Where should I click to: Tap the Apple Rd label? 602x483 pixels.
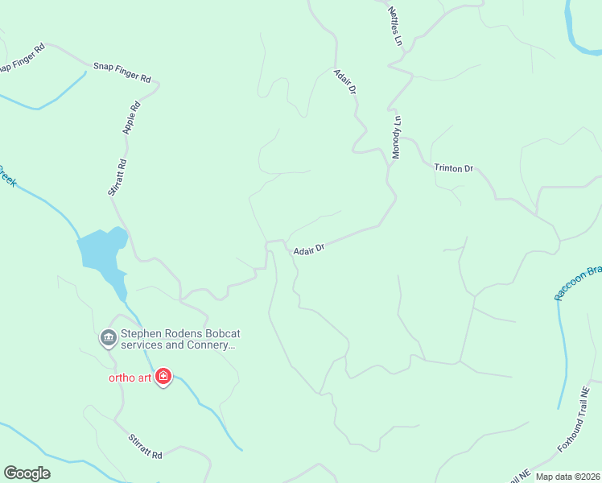pyautogui.click(x=131, y=117)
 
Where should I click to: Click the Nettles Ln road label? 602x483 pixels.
pyautogui.click(x=394, y=26)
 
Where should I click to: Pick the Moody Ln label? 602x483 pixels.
pyautogui.click(x=396, y=137)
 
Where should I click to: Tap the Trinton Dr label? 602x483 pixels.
pyautogui.click(x=453, y=168)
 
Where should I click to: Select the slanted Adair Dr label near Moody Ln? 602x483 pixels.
pyautogui.click(x=345, y=83)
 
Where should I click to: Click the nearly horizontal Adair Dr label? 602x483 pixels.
pyautogui.click(x=308, y=250)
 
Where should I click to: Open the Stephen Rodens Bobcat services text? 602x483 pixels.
pyautogui.click(x=180, y=340)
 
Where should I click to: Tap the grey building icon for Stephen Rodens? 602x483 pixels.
pyautogui.click(x=108, y=338)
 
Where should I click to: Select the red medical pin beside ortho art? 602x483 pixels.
pyautogui.click(x=163, y=377)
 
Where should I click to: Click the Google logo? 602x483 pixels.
pyautogui.click(x=27, y=473)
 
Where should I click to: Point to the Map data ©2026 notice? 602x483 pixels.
pyautogui.click(x=567, y=477)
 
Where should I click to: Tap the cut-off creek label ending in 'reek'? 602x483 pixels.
pyautogui.click(x=6, y=176)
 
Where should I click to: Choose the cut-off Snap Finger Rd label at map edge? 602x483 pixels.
pyautogui.click(x=22, y=58)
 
